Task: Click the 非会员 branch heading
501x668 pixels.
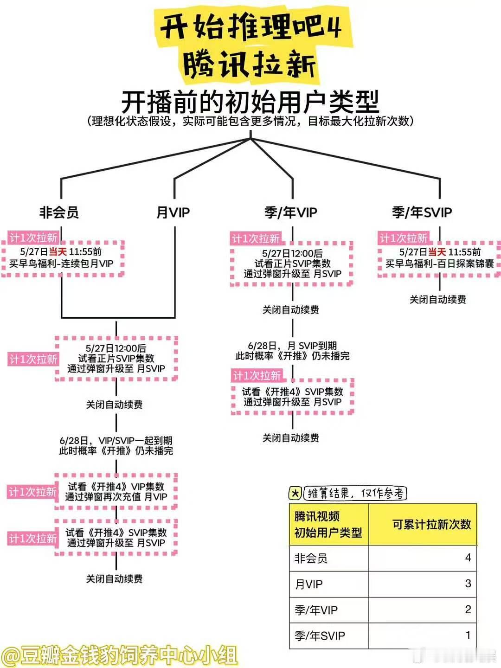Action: (x=59, y=212)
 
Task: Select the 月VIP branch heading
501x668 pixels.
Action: (x=173, y=212)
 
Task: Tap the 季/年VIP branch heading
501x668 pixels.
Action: (x=291, y=212)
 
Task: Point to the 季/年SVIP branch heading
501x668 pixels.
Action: (x=422, y=212)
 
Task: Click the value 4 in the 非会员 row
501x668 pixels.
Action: (x=468, y=558)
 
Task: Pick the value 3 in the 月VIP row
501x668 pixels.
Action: (x=468, y=584)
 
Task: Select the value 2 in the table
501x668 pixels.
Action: (x=468, y=609)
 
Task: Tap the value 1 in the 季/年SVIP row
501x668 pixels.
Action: (x=468, y=635)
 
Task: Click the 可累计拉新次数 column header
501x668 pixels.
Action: (x=431, y=524)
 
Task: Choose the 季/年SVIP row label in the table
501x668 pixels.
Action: (x=320, y=636)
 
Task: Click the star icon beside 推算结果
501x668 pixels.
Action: (x=295, y=493)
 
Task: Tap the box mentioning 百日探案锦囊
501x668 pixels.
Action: (x=439, y=259)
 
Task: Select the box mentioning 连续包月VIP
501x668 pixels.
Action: (x=63, y=259)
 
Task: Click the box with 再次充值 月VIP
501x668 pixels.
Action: (x=116, y=492)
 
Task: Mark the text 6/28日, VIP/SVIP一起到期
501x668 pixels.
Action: (x=116, y=441)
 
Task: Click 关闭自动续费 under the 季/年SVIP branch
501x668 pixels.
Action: (x=438, y=300)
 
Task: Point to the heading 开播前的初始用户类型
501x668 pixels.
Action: (x=250, y=102)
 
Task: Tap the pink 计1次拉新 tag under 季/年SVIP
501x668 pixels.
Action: (x=404, y=238)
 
